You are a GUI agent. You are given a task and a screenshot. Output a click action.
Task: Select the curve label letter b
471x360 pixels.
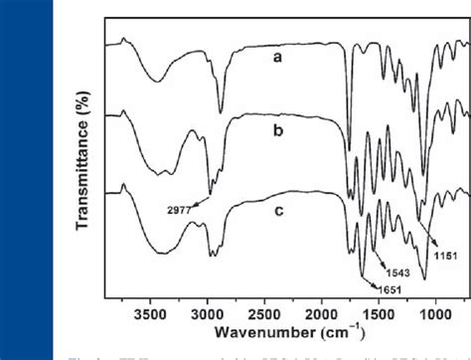click(x=282, y=130)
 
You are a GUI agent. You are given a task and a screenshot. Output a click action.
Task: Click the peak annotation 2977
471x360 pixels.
click(x=179, y=210)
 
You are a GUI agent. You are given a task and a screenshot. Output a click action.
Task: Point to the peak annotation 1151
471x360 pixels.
click(x=445, y=256)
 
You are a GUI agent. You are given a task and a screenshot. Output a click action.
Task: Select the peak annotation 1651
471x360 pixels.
click(x=390, y=288)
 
